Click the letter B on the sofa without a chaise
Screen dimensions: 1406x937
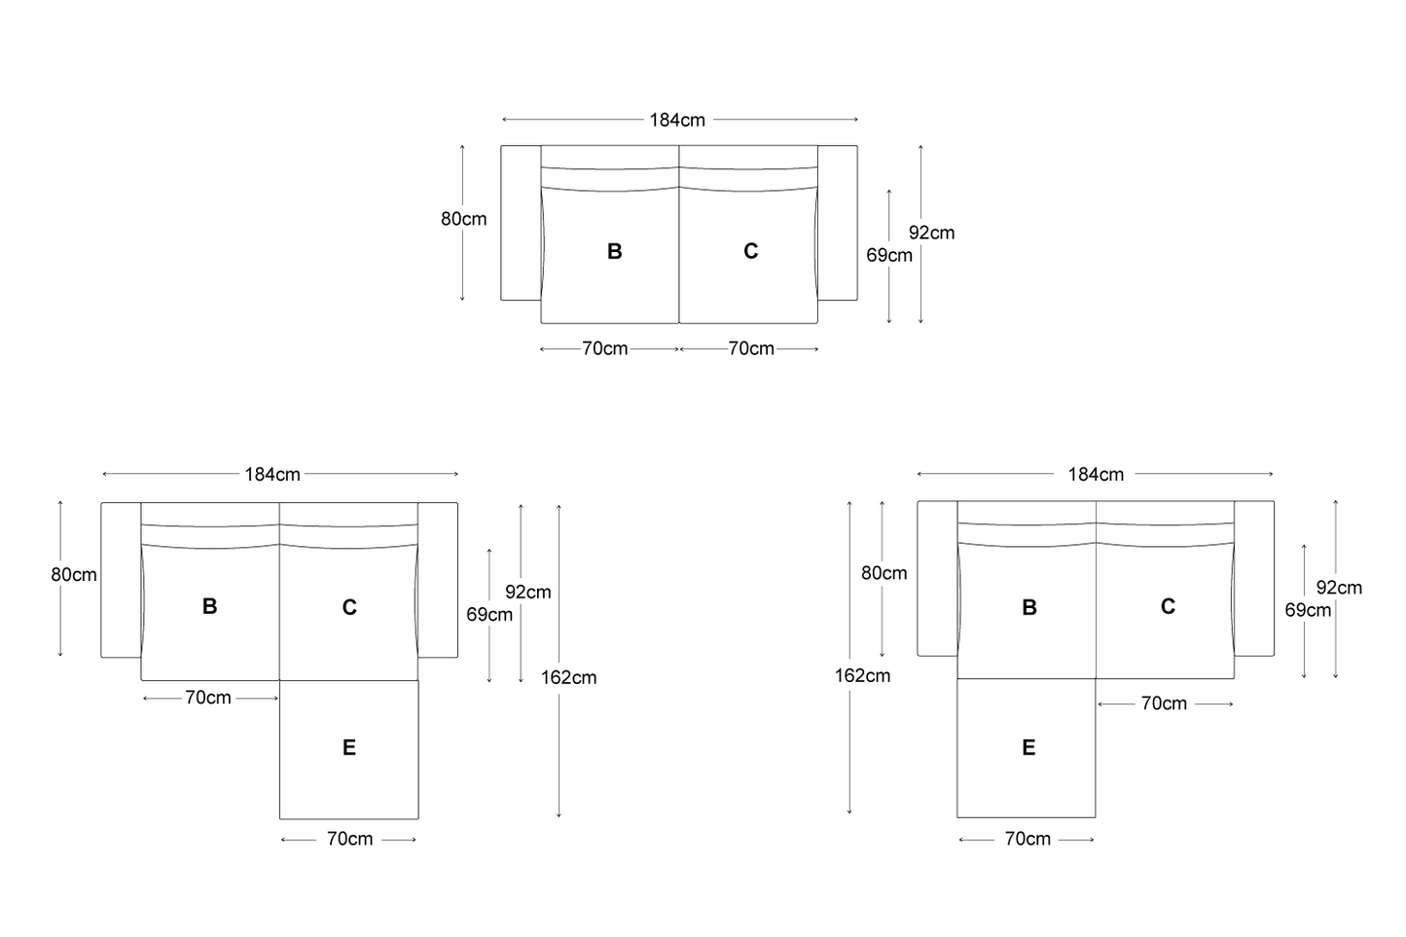(615, 251)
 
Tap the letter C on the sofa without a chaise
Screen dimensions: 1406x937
(751, 251)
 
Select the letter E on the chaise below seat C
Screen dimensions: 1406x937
(349, 747)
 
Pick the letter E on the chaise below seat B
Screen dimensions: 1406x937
(1028, 747)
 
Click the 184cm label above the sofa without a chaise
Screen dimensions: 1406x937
(677, 120)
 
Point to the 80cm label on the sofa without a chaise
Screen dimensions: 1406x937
(464, 219)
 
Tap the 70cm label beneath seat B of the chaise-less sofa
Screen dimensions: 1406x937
(605, 348)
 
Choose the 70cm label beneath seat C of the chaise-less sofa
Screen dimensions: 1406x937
(751, 348)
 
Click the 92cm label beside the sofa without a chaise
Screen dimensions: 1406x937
(932, 233)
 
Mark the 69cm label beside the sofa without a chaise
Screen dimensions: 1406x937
(889, 256)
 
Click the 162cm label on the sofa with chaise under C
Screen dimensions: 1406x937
(568, 677)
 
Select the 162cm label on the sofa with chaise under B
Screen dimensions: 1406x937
(862, 675)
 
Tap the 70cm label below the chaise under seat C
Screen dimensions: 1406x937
(349, 839)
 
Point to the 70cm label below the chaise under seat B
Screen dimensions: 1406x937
(1027, 839)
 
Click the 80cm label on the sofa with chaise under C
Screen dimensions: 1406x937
(74, 575)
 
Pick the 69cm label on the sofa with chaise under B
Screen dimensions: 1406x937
(1308, 610)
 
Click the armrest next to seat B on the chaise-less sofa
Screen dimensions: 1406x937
(521, 223)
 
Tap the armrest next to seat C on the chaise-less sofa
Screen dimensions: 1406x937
(838, 223)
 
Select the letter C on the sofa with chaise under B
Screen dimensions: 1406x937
(1168, 606)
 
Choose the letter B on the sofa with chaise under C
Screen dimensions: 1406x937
(209, 606)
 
